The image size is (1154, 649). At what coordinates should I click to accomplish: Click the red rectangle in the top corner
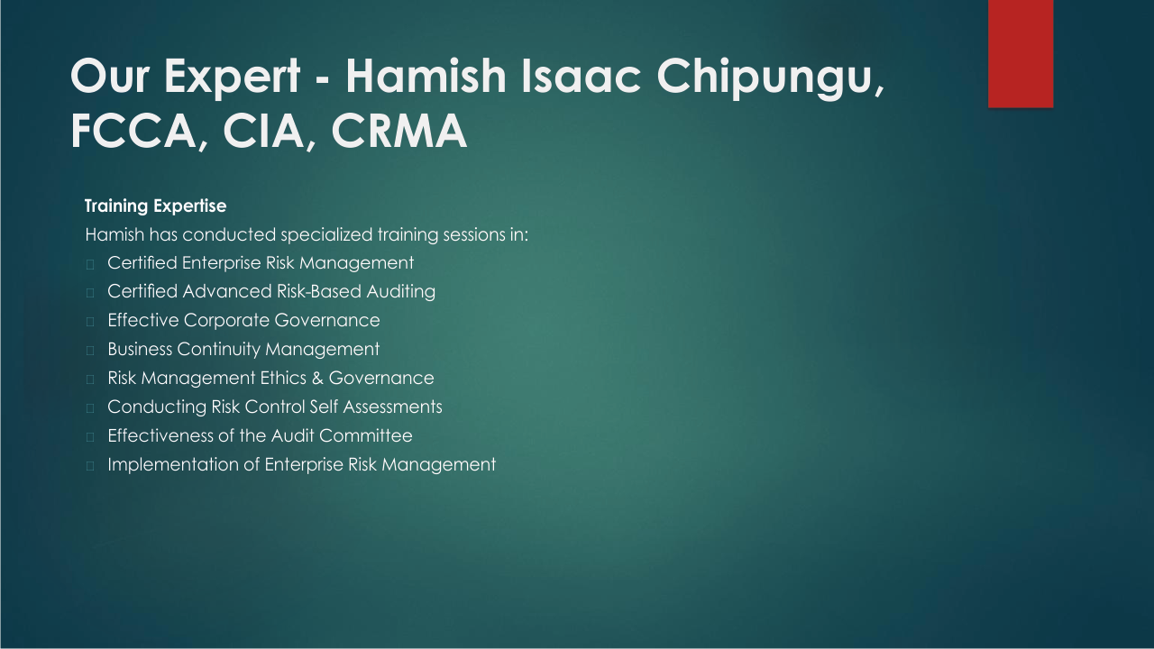1021,53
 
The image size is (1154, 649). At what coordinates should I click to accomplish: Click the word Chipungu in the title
766,78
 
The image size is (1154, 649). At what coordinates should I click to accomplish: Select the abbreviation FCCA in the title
133,131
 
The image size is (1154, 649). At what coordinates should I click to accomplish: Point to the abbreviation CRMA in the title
398,131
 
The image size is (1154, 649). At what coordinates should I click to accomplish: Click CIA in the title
263,131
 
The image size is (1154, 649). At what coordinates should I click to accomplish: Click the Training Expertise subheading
156,206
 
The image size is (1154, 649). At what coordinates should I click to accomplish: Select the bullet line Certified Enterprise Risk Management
261,262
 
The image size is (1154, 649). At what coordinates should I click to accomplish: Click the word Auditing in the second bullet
401,291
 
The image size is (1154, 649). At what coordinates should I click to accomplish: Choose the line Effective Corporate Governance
243,320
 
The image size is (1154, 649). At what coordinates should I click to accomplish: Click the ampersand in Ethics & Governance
317,378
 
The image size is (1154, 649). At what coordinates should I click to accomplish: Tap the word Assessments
392,407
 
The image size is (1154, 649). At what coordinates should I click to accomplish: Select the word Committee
366,435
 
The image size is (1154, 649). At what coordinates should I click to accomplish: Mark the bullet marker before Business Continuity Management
90,351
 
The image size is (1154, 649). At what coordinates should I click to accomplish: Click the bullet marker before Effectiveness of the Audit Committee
90,437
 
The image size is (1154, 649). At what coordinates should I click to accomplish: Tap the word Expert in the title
232,78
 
